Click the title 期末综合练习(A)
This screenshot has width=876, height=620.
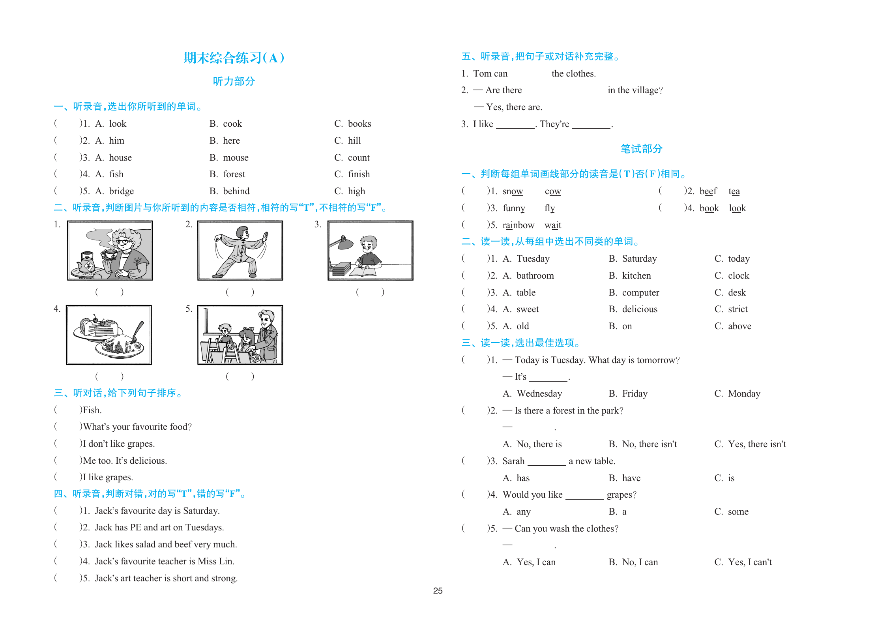pyautogui.click(x=234, y=58)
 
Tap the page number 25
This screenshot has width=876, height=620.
pyautogui.click(x=438, y=591)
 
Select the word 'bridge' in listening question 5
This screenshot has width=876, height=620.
pyautogui.click(x=121, y=191)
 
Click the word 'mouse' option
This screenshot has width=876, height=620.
pyautogui.click(x=236, y=158)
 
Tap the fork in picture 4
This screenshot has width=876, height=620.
pyautogui.click(x=138, y=331)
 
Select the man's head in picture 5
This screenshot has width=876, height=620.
pyautogui.click(x=267, y=318)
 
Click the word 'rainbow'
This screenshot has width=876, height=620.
pyautogui.click(x=518, y=225)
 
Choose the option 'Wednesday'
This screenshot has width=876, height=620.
pyautogui.click(x=539, y=394)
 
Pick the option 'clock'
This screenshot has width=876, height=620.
pyautogui.click(x=738, y=276)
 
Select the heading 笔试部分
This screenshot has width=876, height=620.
pyautogui.click(x=641, y=149)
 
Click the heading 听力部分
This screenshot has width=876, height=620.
pyautogui.click(x=234, y=81)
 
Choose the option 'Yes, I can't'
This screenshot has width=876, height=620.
pyautogui.click(x=749, y=562)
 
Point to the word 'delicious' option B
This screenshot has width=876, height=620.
pyautogui.click(x=639, y=309)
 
